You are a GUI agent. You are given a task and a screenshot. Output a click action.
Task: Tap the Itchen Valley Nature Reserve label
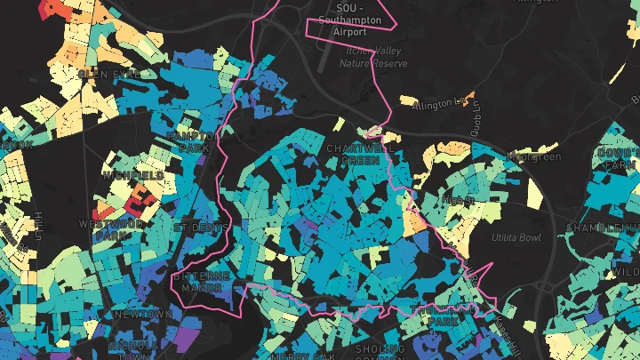pos(375,57)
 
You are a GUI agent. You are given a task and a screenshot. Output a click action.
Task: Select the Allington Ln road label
pos(439,106)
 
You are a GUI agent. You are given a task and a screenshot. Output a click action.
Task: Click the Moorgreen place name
pos(533,156)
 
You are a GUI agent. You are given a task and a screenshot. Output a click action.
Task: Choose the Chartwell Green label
pos(361,154)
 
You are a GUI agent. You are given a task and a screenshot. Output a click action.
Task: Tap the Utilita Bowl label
pos(515,238)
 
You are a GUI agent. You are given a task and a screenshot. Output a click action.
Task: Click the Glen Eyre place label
pos(109,74)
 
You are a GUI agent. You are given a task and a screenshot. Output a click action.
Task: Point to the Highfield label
pos(132,176)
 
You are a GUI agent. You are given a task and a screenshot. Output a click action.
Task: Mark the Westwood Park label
pos(111,230)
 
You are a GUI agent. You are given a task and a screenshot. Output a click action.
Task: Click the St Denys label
pos(195,228)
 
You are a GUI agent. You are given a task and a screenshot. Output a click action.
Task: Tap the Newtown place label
pos(142,315)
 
